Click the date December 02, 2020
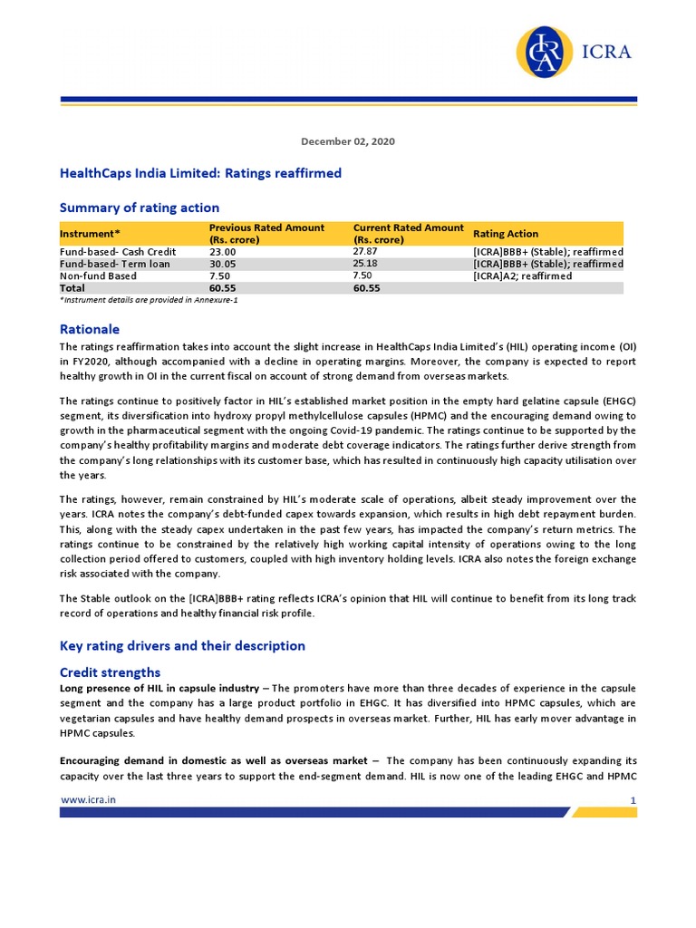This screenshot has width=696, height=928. [348, 141]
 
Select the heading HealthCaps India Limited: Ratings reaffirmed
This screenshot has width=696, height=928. [200, 172]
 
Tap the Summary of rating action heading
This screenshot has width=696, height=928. [140, 208]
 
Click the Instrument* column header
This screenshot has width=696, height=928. [90, 234]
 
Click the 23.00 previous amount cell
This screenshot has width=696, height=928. [222, 252]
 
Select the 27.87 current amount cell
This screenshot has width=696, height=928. [366, 251]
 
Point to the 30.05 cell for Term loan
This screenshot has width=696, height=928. [222, 264]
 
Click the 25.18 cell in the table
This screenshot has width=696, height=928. [366, 263]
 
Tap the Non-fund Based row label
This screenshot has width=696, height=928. [98, 276]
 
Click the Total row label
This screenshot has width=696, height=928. [72, 288]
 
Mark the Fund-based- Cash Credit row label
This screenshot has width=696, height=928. [118, 252]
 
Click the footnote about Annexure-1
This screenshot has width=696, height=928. [149, 299]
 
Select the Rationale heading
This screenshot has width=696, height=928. [90, 329]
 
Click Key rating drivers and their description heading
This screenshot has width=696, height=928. [182, 646]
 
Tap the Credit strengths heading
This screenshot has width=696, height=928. [110, 672]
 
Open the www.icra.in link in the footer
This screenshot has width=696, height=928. [88, 799]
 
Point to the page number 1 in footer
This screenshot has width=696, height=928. [633, 800]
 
